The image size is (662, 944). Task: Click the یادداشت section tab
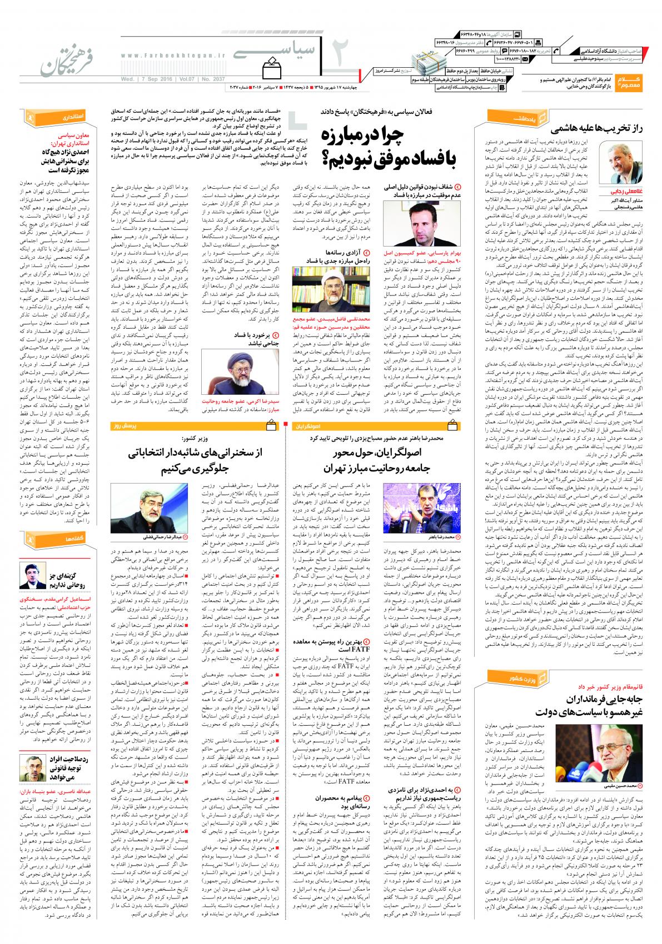click(x=509, y=117)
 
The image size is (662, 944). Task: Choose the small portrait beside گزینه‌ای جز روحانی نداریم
click(x=33, y=575)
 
